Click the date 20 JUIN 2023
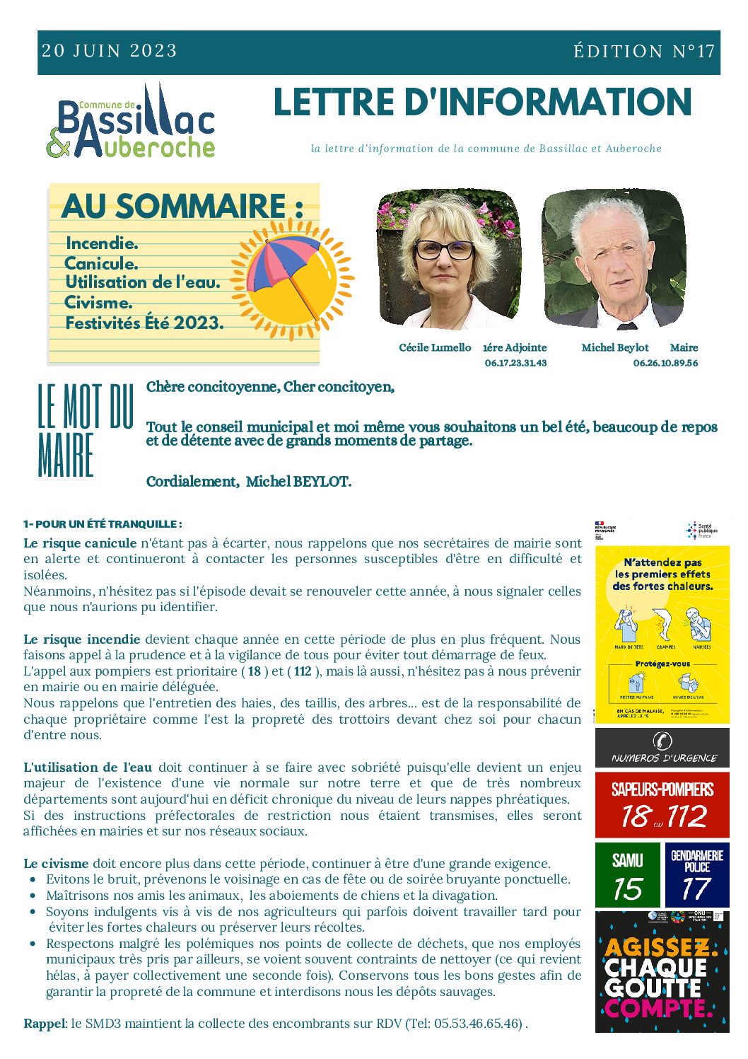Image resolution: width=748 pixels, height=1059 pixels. (x=110, y=51)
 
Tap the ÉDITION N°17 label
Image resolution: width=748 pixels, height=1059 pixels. (x=644, y=52)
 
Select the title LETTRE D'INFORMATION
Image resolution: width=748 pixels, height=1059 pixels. (x=482, y=103)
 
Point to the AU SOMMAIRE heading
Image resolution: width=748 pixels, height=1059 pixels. (x=182, y=207)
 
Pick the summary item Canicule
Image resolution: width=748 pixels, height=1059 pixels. (x=101, y=264)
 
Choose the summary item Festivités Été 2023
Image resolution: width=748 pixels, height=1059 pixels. (x=145, y=323)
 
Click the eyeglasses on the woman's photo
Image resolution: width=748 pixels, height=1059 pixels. (x=444, y=249)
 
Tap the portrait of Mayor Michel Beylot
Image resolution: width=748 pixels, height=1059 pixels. (x=613, y=259)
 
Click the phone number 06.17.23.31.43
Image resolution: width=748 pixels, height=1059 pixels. (x=515, y=363)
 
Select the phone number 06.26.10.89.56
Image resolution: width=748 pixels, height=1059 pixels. (x=665, y=363)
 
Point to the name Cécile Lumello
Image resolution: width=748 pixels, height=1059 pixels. (x=435, y=347)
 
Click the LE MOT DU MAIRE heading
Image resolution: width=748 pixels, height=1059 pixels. (x=85, y=430)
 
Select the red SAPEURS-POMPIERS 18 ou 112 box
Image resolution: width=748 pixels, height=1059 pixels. (x=662, y=805)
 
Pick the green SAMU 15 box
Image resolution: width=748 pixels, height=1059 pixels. (x=628, y=875)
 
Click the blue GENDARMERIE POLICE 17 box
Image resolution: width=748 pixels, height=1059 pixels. (x=696, y=875)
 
